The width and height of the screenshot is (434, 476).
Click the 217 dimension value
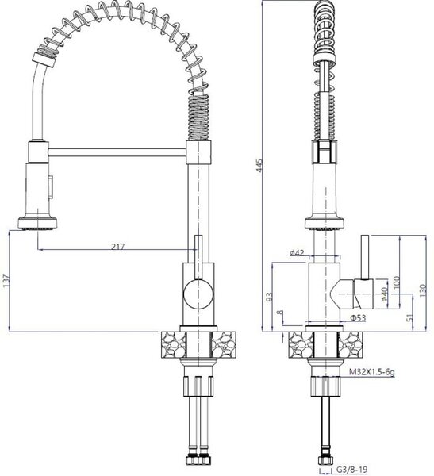tap(117, 246)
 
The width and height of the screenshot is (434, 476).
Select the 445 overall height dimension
tap(259, 166)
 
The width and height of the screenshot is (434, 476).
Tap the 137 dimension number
tap(6, 281)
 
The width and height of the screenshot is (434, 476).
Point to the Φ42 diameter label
tap(297, 252)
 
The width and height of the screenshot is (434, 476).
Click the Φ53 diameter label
tap(358, 318)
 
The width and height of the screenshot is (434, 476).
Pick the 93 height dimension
tap(269, 297)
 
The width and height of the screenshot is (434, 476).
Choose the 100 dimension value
tap(397, 283)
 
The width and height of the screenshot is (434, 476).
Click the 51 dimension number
tap(409, 317)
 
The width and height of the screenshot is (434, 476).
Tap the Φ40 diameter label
tap(384, 294)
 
